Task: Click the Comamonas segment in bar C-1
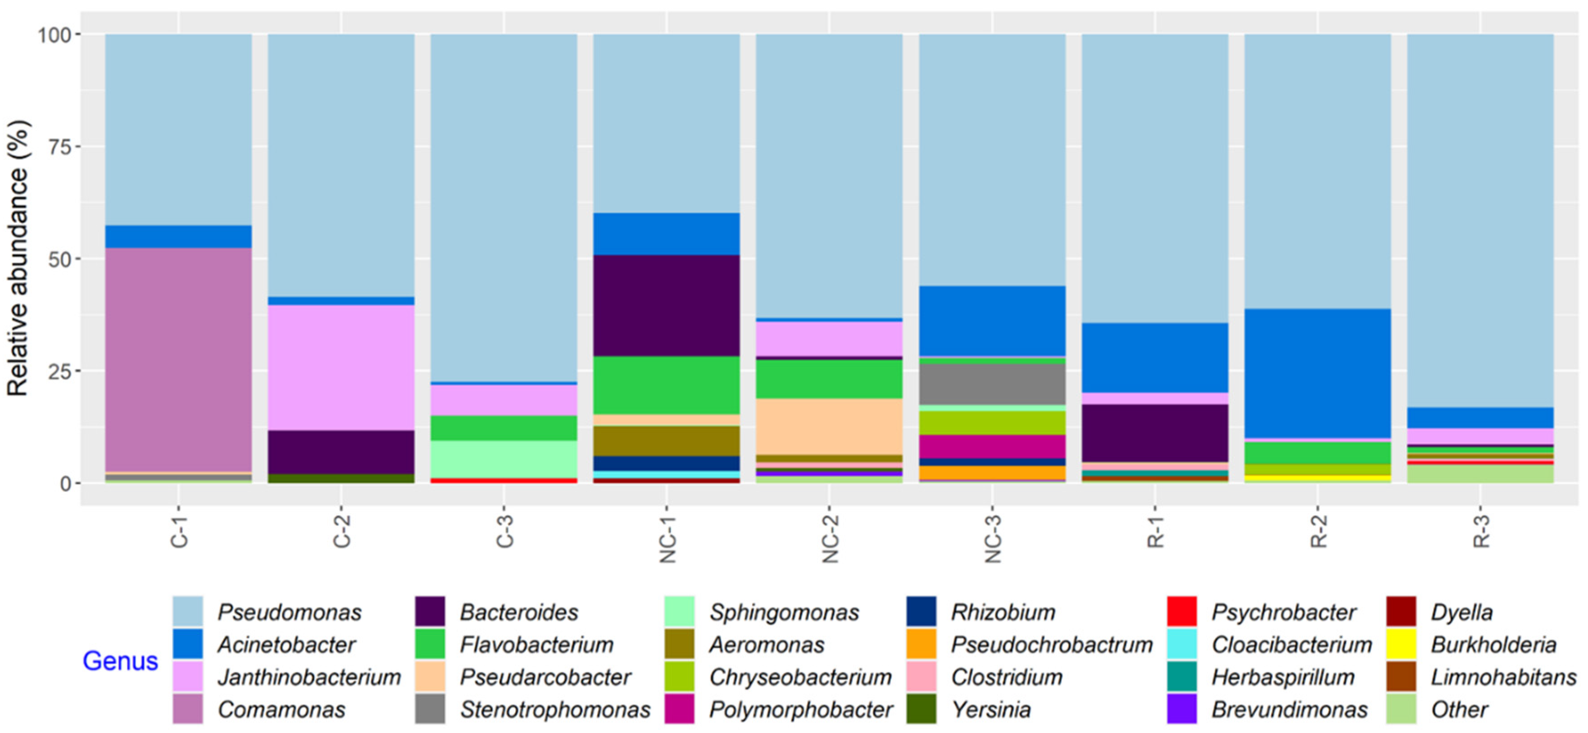[178, 360]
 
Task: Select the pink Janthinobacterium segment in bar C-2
[341, 367]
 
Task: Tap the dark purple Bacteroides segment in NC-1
[667, 305]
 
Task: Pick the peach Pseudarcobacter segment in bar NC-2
[829, 426]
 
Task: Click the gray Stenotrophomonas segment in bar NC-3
[992, 384]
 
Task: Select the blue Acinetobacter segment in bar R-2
[1317, 373]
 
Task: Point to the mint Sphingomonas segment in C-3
[504, 459]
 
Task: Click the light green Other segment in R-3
[1480, 474]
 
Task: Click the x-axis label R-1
[1155, 531]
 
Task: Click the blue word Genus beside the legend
[120, 661]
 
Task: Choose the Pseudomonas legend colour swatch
[187, 611]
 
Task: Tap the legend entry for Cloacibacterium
[1291, 645]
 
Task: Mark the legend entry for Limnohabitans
[1503, 677]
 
